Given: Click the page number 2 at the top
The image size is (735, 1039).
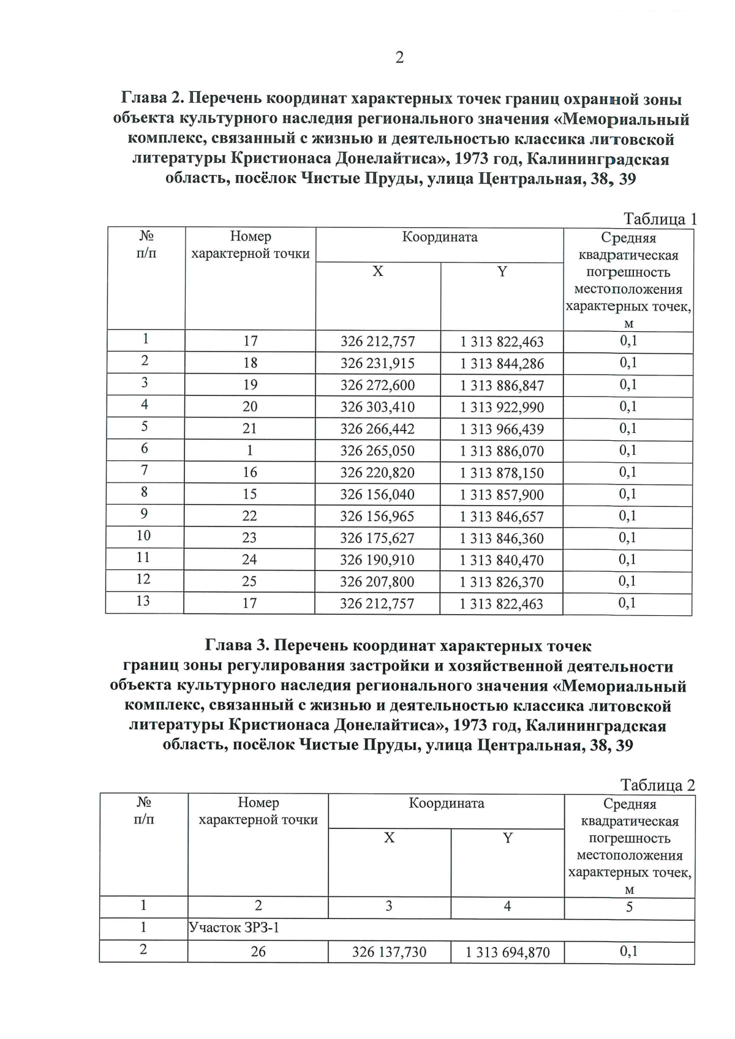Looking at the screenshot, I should [x=399, y=58].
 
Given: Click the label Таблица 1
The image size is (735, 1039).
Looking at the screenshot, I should [x=660, y=219].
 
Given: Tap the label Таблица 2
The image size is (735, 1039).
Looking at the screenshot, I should [x=658, y=785].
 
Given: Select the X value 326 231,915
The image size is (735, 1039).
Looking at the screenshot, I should [x=377, y=364].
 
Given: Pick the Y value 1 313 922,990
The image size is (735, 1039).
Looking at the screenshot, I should [x=502, y=407].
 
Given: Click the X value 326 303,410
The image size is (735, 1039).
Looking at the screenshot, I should [x=377, y=407].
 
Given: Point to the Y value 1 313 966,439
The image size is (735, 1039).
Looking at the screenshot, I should [x=502, y=429].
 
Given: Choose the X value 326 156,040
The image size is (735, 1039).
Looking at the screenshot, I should [x=377, y=495].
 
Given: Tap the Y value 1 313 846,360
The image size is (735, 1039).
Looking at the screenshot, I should [x=502, y=538].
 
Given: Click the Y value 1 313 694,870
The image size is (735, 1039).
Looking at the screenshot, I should [x=508, y=952].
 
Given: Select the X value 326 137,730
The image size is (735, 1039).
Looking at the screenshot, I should [x=389, y=952].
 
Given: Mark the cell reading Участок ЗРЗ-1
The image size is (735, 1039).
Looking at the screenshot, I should [x=234, y=928].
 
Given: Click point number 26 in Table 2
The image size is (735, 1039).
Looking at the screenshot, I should [x=258, y=952].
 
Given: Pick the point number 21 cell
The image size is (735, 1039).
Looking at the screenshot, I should [x=250, y=429].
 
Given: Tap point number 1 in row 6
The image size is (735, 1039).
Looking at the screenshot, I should [x=250, y=451].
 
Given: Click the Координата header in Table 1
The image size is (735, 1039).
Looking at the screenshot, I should [x=440, y=237].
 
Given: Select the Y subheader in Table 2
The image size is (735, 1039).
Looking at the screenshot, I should [x=508, y=838].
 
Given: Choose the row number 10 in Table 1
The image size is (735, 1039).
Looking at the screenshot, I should [x=143, y=536].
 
